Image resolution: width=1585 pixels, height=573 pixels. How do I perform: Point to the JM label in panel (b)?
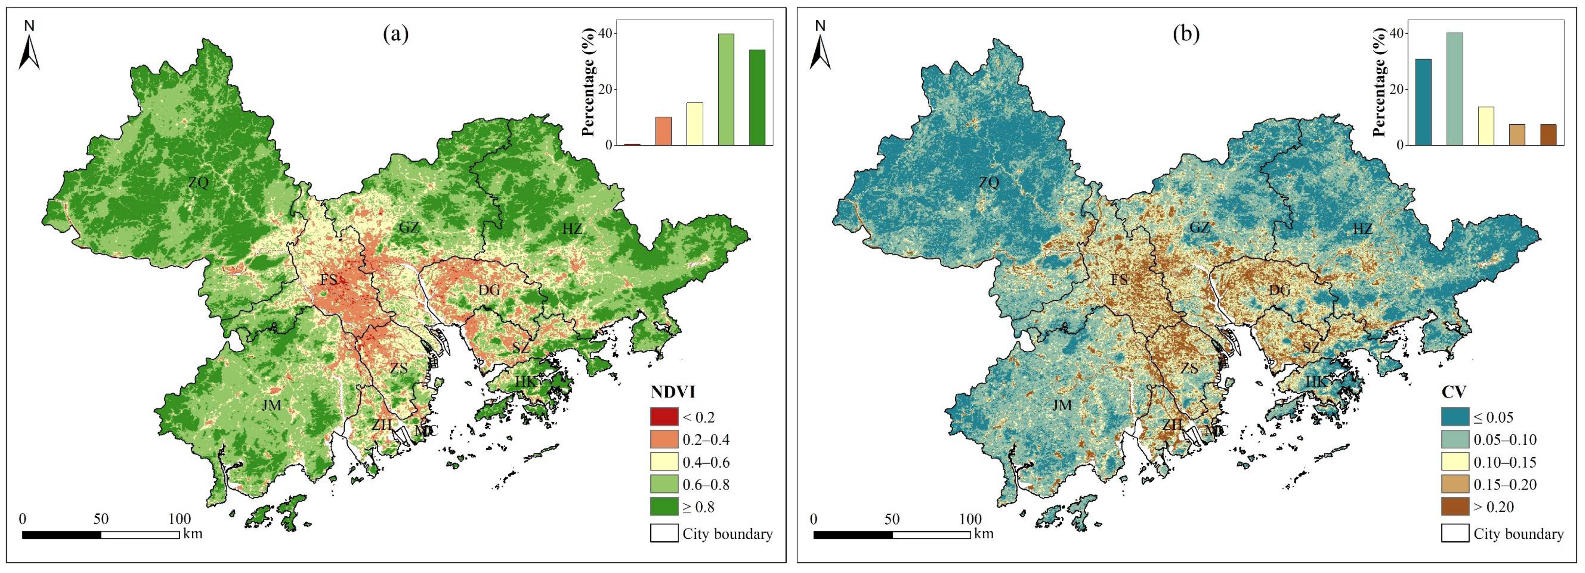pyautogui.click(x=1062, y=405)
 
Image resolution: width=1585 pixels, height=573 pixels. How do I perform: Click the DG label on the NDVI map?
pyautogui.click(x=489, y=289)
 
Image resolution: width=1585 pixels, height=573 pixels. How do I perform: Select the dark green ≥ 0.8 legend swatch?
pyautogui.click(x=664, y=506)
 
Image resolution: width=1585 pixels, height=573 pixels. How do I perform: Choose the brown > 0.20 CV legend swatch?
pyautogui.click(x=1455, y=506)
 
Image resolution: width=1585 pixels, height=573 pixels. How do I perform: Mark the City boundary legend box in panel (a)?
pyautogui.click(x=664, y=533)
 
